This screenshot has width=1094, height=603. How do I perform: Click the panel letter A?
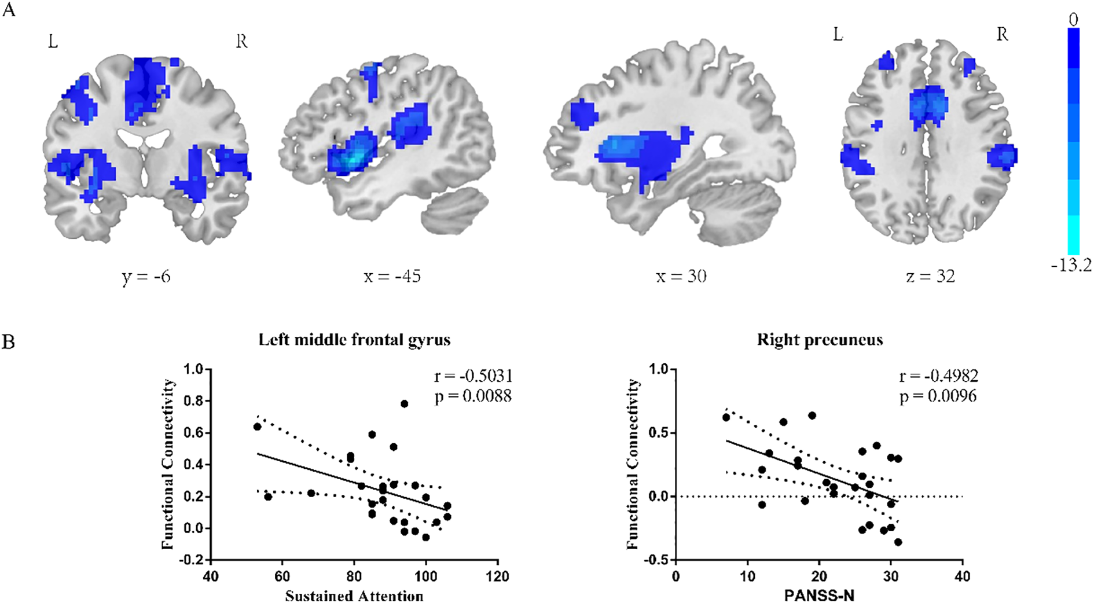pos(8,10)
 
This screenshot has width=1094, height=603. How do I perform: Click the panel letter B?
pos(8,341)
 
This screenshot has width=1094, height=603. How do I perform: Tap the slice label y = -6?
pos(146,277)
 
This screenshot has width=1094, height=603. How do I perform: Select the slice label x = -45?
pos(392,277)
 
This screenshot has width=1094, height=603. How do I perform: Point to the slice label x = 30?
pos(681,277)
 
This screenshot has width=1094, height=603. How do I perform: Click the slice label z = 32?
pos(930,277)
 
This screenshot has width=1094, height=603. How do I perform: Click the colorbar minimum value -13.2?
pos(1071,267)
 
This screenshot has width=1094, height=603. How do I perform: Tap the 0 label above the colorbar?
pos(1074,20)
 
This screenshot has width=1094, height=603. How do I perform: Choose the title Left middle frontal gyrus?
pos(354,340)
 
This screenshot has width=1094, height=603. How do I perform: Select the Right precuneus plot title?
pos(820,340)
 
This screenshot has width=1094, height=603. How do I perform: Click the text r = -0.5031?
pos(473,376)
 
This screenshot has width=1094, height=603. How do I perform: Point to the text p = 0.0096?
pos(938,396)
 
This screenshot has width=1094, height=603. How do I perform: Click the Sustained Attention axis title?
pos(354,595)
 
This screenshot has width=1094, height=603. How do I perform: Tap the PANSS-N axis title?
pos(819,595)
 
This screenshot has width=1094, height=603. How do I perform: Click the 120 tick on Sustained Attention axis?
pos(498,576)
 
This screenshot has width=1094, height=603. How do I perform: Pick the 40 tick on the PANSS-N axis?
pos(963,576)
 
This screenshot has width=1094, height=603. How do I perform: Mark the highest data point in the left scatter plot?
pos(404,404)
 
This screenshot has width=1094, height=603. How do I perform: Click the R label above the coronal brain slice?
pos(241,42)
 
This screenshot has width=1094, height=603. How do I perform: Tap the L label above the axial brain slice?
pos(838,35)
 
